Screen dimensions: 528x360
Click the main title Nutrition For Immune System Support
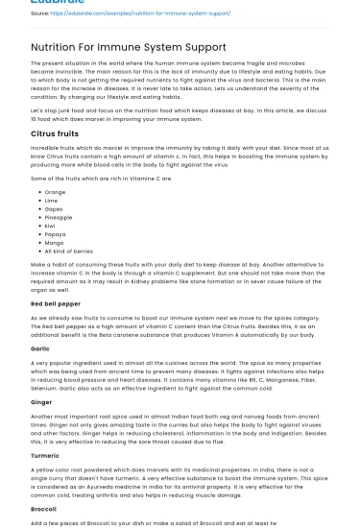[x=129, y=46]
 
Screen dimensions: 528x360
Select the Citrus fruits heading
[x=55, y=133]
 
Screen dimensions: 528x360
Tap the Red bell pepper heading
[x=57, y=303]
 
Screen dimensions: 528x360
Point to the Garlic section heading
[x=40, y=348]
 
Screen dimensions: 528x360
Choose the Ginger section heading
[x=41, y=401]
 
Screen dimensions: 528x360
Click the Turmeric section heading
[x=45, y=455]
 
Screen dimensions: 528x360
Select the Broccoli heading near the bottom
[x=43, y=509]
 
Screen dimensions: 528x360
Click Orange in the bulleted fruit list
[x=55, y=192]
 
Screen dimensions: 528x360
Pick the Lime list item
[x=52, y=201]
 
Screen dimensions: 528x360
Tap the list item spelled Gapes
[x=54, y=209]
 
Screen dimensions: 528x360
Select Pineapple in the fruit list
[x=59, y=217]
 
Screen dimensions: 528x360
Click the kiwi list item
[x=51, y=226]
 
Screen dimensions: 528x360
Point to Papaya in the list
[x=55, y=234]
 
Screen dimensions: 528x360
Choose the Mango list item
[x=54, y=242]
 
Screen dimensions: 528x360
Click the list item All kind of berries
[x=68, y=251]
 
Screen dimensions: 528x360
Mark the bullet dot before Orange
[x=37, y=192]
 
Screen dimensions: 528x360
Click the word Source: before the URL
[x=39, y=13]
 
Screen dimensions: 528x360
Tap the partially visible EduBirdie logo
[x=58, y=2]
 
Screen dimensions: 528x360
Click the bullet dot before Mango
[x=37, y=242]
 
